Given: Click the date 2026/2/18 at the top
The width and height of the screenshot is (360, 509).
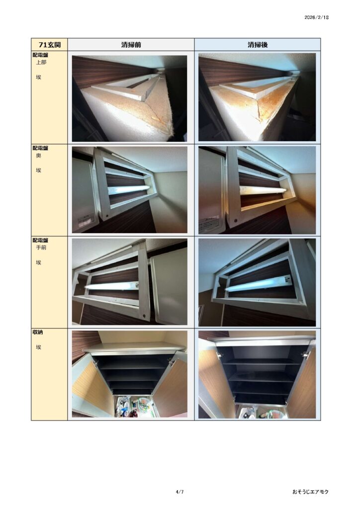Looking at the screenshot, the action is [x=317, y=17].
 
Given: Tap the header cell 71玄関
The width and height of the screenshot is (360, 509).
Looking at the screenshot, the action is [x=49, y=44].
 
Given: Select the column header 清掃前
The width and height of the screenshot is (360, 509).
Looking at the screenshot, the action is [x=131, y=45].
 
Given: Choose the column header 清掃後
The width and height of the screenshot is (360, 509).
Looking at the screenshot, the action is [x=258, y=45].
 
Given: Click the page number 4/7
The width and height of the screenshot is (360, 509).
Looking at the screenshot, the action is [x=180, y=492].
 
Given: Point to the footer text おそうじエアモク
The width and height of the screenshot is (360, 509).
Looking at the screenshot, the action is [x=310, y=492].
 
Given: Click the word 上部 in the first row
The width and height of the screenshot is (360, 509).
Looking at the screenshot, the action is [x=41, y=62].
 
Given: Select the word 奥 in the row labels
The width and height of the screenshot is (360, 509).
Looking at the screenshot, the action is [x=38, y=156].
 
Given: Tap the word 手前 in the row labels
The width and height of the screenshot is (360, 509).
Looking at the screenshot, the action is [x=41, y=248].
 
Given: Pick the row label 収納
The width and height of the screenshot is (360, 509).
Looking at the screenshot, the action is [x=37, y=333].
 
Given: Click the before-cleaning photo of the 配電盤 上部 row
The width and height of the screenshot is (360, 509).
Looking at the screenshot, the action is [x=129, y=98].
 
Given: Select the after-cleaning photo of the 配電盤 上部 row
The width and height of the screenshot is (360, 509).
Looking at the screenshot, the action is [x=257, y=97].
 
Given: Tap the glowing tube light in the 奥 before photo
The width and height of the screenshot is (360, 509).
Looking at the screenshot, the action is [x=129, y=190].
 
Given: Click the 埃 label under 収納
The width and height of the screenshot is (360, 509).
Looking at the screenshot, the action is [x=38, y=347].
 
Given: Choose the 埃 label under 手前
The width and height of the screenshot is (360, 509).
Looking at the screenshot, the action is [x=38, y=262].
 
